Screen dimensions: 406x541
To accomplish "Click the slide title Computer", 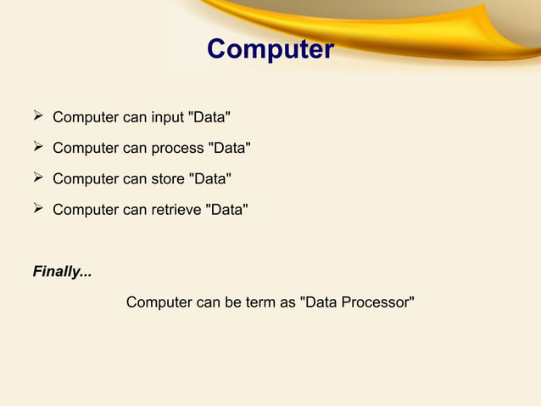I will [270, 49].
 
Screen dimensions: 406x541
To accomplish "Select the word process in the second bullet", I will [178, 149].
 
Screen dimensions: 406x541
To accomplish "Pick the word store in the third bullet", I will [168, 179].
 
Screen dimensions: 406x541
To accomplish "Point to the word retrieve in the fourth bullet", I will [176, 210].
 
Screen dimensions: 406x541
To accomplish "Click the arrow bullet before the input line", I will [38, 116].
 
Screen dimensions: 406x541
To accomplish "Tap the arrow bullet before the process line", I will [38, 148].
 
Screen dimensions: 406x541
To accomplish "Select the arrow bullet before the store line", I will [38, 178].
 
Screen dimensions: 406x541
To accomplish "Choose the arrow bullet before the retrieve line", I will [38, 209].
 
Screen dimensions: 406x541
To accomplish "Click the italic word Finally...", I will [62, 273].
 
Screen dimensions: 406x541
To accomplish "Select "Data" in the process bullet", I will [230, 149].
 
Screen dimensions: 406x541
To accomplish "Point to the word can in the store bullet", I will [135, 179].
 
